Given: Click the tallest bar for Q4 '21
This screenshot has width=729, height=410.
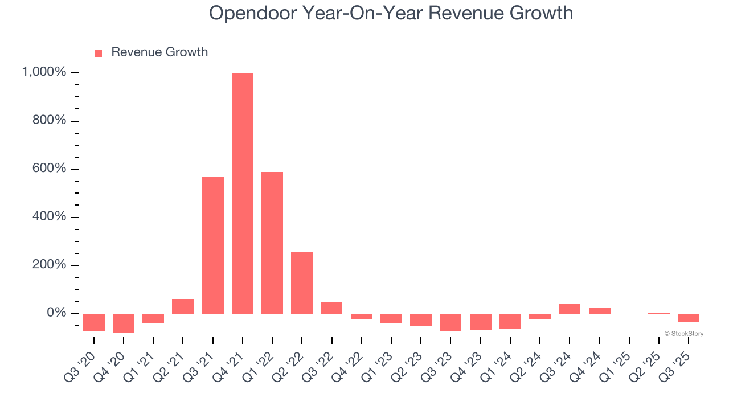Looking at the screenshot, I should click(x=243, y=193).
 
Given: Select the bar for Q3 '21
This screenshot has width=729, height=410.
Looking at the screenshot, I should click(x=213, y=245).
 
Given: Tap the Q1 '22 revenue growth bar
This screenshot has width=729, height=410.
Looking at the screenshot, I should click(x=272, y=243).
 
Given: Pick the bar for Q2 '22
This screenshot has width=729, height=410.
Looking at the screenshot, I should click(x=302, y=283).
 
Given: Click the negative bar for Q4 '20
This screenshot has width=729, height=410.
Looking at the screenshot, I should click(x=124, y=323).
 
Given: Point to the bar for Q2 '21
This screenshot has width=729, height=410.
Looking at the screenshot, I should click(x=183, y=306).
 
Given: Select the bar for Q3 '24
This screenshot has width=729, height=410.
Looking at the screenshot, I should click(x=570, y=309).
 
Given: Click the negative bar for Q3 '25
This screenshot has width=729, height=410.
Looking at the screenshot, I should click(x=688, y=318).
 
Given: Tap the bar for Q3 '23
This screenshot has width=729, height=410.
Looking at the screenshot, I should click(x=450, y=322).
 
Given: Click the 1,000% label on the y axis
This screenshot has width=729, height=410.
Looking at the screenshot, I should click(x=44, y=72).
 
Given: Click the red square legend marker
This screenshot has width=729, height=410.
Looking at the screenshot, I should click(x=99, y=53).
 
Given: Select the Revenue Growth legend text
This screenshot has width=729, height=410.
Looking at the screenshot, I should click(x=159, y=52).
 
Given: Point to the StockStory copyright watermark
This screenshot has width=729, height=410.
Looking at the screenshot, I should click(x=683, y=334).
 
